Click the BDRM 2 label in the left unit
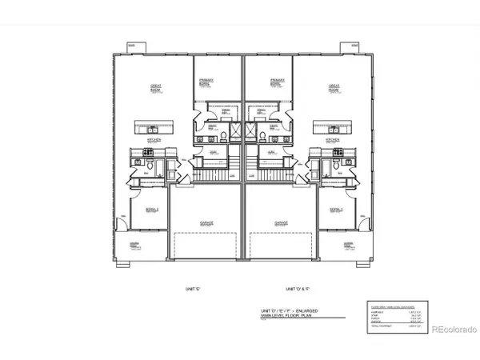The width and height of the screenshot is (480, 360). [150, 210]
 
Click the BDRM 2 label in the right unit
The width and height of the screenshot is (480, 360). [336, 210]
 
